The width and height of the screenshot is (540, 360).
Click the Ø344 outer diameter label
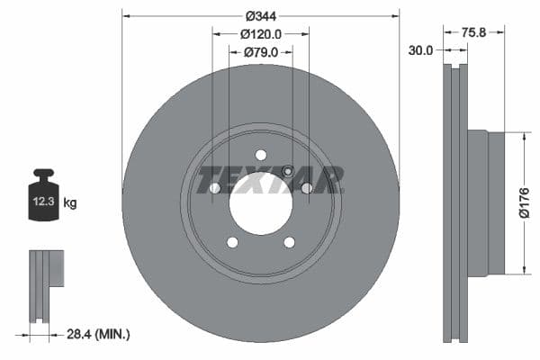(x=260, y=15)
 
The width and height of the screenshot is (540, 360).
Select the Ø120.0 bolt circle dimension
(x=261, y=33)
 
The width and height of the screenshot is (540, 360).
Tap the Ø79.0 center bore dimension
(x=261, y=52)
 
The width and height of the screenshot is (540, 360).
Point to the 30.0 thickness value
(x=420, y=51)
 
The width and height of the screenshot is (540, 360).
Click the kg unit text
(x=71, y=203)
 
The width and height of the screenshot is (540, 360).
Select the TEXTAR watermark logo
(x=270, y=179)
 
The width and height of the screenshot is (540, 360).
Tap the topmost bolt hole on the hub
(x=260, y=154)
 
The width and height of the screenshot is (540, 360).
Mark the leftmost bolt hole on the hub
(x=215, y=188)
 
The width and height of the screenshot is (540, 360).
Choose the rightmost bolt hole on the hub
(x=306, y=188)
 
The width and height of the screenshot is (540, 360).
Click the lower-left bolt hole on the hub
(x=232, y=242)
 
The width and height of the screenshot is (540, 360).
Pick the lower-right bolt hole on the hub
(x=289, y=242)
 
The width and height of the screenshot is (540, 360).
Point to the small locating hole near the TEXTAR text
(x=287, y=172)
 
